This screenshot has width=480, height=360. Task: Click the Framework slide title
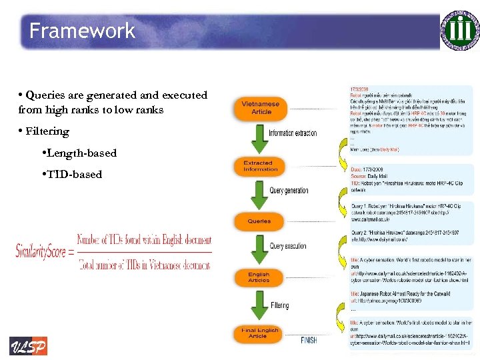(x=82, y=31)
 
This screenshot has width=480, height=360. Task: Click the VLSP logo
(x=28, y=346)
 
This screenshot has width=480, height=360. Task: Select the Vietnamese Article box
(x=261, y=108)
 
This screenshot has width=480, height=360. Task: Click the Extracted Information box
(x=260, y=166)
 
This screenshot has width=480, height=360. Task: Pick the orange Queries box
(x=259, y=221)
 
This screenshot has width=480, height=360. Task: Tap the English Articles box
(x=259, y=277)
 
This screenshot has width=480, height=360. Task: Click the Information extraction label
(x=293, y=133)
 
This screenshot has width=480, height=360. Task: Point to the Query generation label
(x=289, y=191)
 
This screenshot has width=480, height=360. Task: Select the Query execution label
(x=289, y=246)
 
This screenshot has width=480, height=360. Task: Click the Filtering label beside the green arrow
(x=280, y=305)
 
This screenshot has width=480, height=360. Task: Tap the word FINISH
(x=309, y=341)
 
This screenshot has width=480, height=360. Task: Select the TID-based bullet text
(x=74, y=175)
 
